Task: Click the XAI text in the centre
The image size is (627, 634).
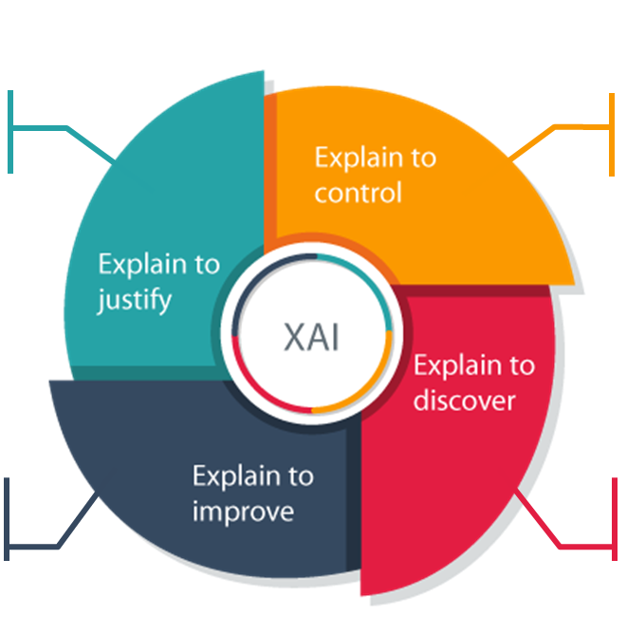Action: pyautogui.click(x=312, y=338)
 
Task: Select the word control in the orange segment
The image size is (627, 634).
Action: pyautogui.click(x=358, y=193)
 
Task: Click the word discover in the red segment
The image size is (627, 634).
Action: pyautogui.click(x=464, y=400)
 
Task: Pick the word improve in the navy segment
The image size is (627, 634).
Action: pyautogui.click(x=243, y=512)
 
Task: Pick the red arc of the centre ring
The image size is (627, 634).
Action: pyautogui.click(x=275, y=399)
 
